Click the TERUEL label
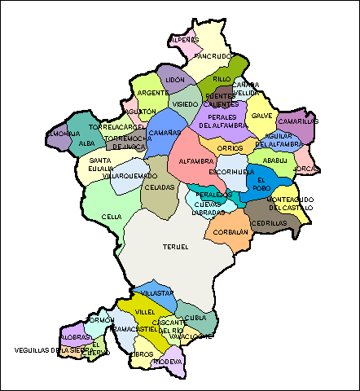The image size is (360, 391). (175, 246)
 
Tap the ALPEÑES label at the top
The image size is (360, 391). (183, 39)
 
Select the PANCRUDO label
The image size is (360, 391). (214, 56)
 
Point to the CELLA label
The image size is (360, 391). (112, 217)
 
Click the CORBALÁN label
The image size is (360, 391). (231, 231)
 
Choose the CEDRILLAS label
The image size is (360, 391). (270, 223)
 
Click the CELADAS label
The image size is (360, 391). (159, 187)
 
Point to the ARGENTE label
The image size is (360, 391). (152, 93)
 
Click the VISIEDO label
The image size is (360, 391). (184, 104)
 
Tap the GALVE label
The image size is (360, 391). (262, 116)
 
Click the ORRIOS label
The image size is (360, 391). (230, 148)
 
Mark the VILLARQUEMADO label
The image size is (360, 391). (124, 175)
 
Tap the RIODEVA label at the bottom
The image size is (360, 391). (168, 361)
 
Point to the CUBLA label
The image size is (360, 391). (195, 318)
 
